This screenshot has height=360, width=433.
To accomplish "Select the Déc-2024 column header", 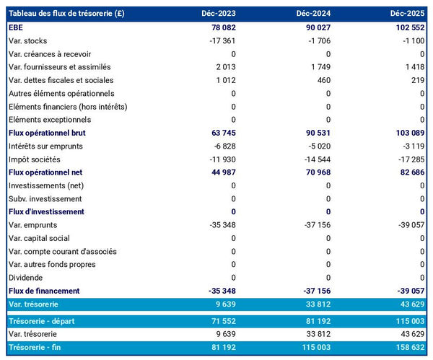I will click(313, 14).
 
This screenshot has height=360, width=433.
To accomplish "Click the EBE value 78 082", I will click(221, 27).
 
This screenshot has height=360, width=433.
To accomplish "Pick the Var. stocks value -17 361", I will click(219, 40).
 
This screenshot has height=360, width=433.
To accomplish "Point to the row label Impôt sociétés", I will click(34, 159).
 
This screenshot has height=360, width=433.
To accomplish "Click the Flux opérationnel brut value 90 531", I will click(315, 133).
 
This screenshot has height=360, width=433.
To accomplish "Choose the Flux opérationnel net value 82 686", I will click(409, 172).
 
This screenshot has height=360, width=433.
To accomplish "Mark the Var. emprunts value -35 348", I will click(219, 225).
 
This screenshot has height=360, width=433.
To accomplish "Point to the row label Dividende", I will click(25, 278).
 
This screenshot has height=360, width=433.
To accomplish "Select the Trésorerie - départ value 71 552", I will click(222, 321).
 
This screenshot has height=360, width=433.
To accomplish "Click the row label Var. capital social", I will click(39, 238).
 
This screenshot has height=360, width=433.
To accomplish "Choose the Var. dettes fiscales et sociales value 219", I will click(416, 80).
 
